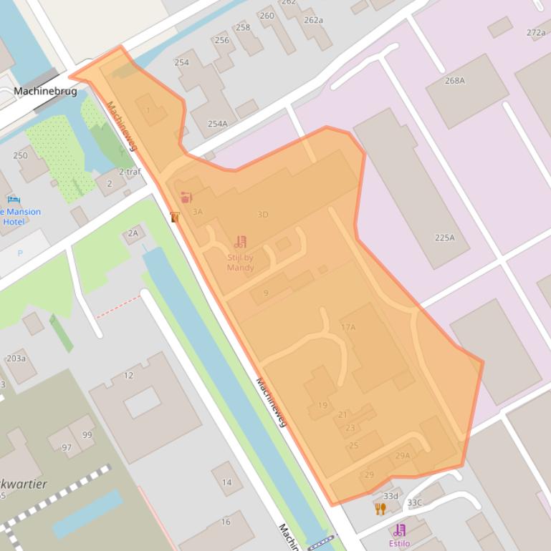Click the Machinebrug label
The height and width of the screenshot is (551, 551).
(x=44, y=91)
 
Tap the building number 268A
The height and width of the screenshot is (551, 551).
(x=454, y=81)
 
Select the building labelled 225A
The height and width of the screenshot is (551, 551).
(x=444, y=238)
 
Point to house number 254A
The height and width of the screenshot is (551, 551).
(x=217, y=124)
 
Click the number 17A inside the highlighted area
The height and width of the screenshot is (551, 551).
(x=348, y=327)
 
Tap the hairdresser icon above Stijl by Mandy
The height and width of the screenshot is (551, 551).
(x=240, y=242)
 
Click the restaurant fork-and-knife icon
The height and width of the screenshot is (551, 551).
(x=380, y=508)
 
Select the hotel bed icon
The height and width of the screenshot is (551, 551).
(x=13, y=200)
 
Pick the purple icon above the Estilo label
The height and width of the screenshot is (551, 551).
(x=399, y=530)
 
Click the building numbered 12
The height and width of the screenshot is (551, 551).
(x=128, y=375)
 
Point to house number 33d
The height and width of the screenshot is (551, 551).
(x=390, y=496)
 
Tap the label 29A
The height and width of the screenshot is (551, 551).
(x=403, y=456)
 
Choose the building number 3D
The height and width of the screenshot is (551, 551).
(x=262, y=214)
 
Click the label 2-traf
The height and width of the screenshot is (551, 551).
(x=130, y=172)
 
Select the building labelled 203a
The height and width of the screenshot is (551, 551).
(x=16, y=359)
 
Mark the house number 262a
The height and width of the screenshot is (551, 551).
(x=313, y=20)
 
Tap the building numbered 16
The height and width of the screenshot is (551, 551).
(x=226, y=522)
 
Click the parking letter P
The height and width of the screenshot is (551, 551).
(x=19, y=253)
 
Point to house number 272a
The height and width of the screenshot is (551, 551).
(x=535, y=32)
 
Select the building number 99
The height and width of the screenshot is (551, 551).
(x=87, y=434)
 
